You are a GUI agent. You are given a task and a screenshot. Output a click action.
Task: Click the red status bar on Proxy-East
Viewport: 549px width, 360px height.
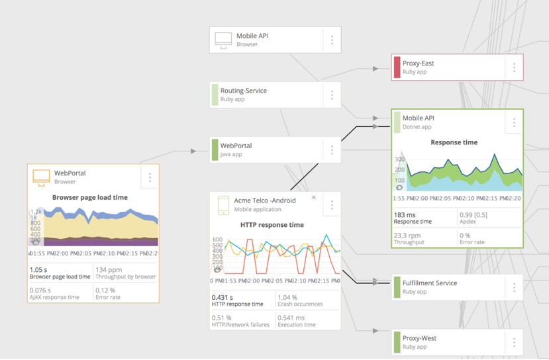tap(397, 67)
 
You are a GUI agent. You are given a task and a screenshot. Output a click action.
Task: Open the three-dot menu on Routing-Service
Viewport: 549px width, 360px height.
tap(332, 95)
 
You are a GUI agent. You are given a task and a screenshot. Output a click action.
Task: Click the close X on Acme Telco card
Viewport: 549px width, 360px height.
tap(314, 198)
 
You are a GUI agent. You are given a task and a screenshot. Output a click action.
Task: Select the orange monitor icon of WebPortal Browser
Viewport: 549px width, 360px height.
tap(41, 177)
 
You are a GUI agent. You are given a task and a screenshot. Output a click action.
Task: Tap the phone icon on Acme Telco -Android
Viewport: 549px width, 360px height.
tap(223, 204)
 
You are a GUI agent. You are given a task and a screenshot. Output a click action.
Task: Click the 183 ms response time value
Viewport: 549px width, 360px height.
tap(404, 215)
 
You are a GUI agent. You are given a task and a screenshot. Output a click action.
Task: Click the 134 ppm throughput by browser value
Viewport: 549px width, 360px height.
tap(109, 270)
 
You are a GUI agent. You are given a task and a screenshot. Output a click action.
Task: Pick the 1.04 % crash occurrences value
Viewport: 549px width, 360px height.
tap(287, 298)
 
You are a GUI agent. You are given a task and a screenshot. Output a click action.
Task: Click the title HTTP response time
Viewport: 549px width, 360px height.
tap(272, 225)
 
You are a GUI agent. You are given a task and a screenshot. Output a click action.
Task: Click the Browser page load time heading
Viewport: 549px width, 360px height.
tap(90, 197)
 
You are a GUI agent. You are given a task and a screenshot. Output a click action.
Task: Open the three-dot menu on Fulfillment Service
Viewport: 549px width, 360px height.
tap(514, 287)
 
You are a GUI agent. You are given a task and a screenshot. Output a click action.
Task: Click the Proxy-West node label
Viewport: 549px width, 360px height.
tap(419, 338)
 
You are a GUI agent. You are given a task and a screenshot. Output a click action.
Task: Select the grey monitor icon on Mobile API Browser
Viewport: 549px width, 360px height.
tap(223, 40)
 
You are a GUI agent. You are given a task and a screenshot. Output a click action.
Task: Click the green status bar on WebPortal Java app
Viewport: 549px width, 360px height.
tap(215, 150)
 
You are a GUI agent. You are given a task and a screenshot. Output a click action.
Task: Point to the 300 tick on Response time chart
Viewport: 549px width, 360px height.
tap(399, 159)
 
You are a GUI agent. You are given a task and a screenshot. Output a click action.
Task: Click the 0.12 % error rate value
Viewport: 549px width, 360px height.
tap(105, 291)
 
